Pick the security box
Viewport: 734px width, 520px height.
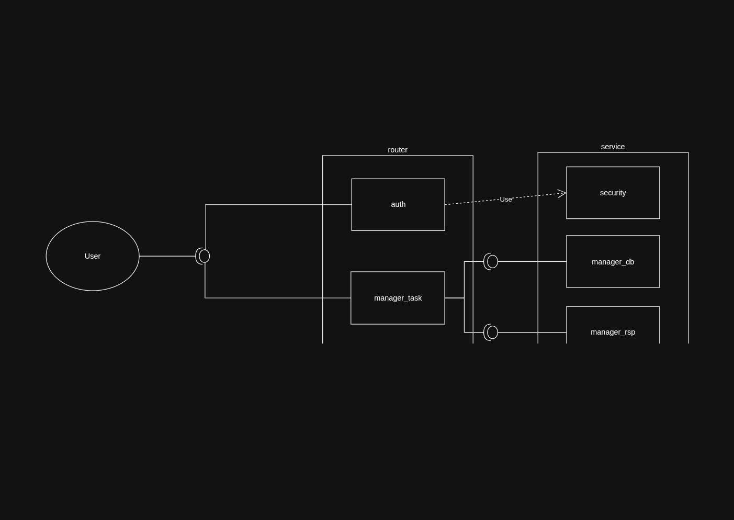pos(613,207)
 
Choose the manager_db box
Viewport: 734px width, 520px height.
pos(613,275)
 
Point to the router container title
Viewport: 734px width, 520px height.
pos(398,150)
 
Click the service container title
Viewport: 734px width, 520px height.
pos(613,147)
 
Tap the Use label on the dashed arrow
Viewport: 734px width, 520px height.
pos(505,200)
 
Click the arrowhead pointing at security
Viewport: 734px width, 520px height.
pos(562,194)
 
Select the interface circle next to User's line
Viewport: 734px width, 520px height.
pos(205,256)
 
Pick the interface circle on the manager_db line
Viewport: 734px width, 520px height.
pos(492,261)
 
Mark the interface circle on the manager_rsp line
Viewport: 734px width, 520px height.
pos(492,332)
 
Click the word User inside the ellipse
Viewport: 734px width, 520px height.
pos(93,256)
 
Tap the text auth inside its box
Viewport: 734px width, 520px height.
pos(398,204)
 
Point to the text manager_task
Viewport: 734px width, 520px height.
pos(398,298)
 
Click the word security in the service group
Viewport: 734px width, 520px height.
pos(613,193)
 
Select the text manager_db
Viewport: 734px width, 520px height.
pos(613,262)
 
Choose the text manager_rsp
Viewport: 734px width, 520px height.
pos(613,332)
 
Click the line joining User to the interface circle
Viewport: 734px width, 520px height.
pos(167,256)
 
